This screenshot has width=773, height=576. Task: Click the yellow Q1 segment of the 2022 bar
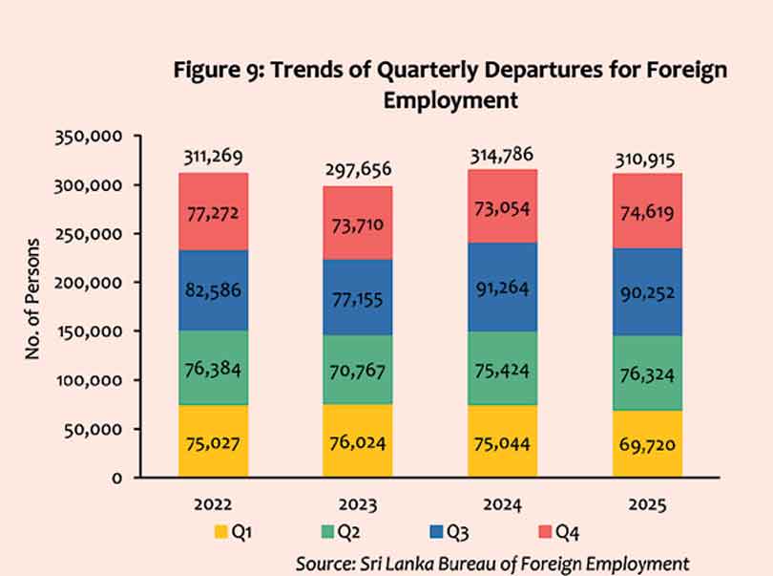(213, 441)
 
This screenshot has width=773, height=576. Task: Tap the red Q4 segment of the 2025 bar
(648, 211)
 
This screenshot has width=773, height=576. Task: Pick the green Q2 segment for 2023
(357, 369)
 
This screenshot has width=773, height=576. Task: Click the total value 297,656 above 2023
(357, 170)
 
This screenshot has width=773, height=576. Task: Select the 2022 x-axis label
(213, 503)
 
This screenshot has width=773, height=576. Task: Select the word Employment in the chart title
(450, 99)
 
